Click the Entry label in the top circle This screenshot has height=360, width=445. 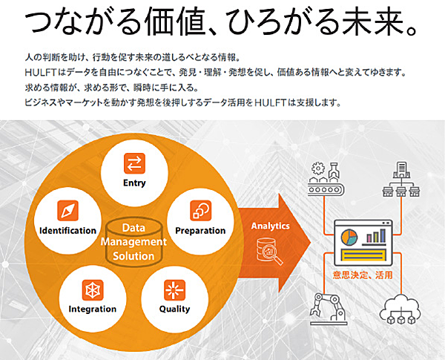(134, 183)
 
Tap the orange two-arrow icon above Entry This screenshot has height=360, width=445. (134, 163)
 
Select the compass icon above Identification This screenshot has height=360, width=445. (67, 211)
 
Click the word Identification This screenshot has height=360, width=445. (67, 230)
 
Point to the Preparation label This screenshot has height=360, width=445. (200, 230)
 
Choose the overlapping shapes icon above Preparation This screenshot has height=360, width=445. (201, 211)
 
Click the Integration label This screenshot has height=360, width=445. (93, 309)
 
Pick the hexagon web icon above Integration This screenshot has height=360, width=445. (93, 289)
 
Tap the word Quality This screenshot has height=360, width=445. (174, 309)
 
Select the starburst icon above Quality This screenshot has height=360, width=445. (175, 289)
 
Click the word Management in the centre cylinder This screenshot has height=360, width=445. (133, 242)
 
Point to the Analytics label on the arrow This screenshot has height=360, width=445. (271, 226)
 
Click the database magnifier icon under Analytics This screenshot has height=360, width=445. (270, 251)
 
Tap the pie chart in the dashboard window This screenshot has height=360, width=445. (349, 238)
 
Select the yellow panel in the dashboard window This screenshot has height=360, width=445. (364, 255)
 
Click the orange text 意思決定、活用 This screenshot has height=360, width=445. (363, 275)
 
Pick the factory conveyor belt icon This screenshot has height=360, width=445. (326, 179)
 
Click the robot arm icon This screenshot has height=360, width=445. (329, 309)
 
